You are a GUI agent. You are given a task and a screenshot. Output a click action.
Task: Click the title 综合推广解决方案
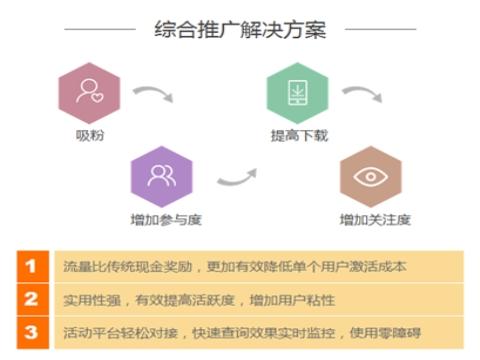[240, 29]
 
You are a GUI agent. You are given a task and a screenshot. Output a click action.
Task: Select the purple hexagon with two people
[160, 176]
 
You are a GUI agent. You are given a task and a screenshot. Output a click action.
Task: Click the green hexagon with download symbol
[297, 92]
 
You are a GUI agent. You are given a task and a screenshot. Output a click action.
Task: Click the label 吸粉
[89, 136]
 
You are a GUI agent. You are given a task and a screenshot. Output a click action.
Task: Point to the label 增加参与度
[160, 219]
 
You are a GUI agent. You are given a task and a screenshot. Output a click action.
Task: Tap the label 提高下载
[299, 136]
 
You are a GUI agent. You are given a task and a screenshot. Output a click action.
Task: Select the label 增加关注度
[374, 219]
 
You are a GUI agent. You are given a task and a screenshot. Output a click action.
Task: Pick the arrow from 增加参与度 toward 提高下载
[238, 177]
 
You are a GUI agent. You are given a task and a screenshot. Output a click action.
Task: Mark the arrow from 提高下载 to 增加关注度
[362, 96]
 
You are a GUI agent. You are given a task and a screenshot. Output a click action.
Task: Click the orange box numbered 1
[30, 267]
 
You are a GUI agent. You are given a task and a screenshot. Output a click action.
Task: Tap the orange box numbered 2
[30, 298]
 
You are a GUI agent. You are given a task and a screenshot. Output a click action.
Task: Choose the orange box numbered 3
[30, 329]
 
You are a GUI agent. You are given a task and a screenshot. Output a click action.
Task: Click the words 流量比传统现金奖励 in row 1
[116, 267]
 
